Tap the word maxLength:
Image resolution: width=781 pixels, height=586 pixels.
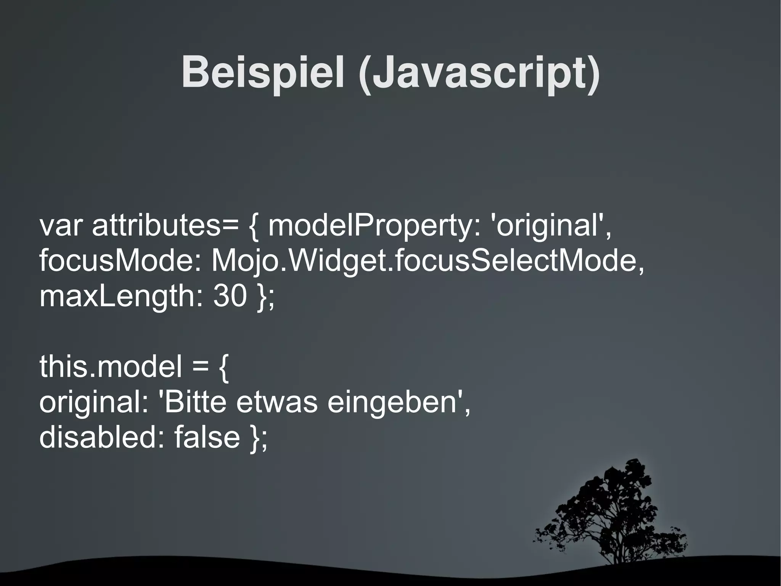(x=121, y=297)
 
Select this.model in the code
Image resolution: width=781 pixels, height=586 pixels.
(x=111, y=366)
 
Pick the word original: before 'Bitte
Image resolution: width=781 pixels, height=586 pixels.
(x=94, y=402)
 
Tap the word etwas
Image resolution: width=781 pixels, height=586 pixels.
(x=277, y=402)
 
